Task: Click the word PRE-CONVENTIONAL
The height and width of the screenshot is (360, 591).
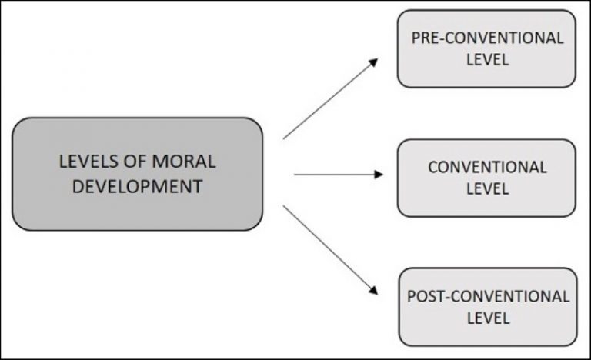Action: [487, 38]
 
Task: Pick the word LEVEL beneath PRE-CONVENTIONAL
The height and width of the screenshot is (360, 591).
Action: [487, 60]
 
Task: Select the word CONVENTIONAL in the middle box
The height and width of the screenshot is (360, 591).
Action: [487, 167]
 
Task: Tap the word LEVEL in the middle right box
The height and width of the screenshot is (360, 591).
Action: [487, 188]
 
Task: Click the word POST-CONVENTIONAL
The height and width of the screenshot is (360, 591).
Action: [487, 296]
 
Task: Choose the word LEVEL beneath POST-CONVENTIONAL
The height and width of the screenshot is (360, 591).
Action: [487, 317]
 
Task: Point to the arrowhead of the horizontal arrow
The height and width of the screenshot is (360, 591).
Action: [378, 175]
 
